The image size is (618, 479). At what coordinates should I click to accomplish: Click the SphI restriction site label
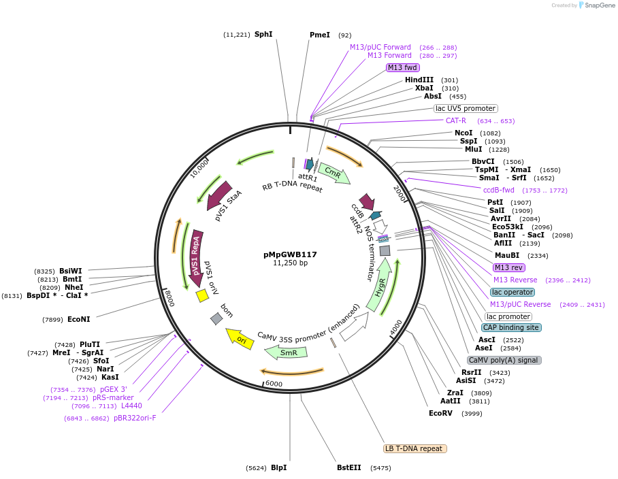pos(263,35)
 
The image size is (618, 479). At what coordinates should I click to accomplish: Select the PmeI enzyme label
pos(320,35)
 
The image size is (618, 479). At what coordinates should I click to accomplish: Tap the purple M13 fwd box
pos(402,67)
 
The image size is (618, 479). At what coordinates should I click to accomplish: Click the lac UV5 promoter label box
pos(466,108)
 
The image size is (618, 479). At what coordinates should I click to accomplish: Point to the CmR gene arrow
pos(334,174)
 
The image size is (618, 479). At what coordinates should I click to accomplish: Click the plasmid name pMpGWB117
pos(290,254)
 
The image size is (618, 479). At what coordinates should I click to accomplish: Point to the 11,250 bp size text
pos(290,263)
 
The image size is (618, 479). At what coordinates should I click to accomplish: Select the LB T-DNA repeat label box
pos(415,448)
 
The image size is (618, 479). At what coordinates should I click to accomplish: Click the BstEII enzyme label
pos(348,468)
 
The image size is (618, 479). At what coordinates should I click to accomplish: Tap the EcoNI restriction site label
pos(79,319)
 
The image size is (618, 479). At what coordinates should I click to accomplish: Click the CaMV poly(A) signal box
pos(504,360)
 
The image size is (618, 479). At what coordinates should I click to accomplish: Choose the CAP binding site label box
pos(511,327)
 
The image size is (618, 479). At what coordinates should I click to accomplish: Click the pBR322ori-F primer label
pos(135,418)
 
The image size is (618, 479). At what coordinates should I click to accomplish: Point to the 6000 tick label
pos(274,384)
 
